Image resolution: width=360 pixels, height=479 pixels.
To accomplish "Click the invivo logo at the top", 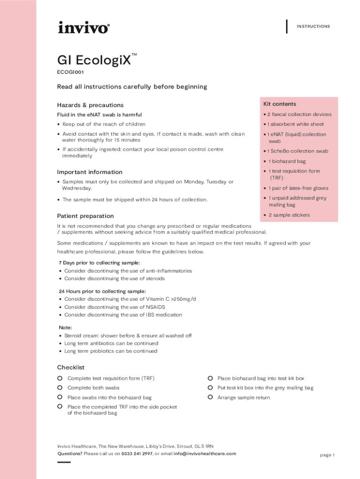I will (x=84, y=28).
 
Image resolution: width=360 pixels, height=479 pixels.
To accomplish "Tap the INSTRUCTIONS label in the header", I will (x=313, y=27).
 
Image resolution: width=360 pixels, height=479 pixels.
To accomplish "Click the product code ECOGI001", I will (x=71, y=73).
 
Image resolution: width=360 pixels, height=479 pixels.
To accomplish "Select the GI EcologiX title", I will (x=94, y=60).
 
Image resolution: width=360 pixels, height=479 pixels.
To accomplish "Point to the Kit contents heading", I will (x=280, y=104).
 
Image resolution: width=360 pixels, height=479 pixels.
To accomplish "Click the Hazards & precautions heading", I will (x=90, y=105).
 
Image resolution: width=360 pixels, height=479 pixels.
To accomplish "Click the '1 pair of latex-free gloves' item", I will (x=298, y=188).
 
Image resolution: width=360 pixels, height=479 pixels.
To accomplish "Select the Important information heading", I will (x=90, y=172).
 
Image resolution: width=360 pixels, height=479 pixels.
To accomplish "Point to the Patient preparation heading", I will (x=86, y=216).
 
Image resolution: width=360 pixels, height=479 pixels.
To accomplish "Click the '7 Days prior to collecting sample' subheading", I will (x=99, y=263).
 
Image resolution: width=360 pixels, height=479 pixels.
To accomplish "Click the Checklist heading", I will (x=71, y=368).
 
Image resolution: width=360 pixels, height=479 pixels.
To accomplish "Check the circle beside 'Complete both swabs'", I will (x=60, y=387).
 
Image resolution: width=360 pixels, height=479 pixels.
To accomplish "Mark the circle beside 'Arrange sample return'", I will (x=210, y=397).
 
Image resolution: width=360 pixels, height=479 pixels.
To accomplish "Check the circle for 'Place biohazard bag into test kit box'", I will (x=210, y=378).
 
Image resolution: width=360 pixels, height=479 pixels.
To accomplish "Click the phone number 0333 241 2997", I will (x=137, y=454).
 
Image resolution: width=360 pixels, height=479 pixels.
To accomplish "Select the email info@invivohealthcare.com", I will (x=205, y=454).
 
